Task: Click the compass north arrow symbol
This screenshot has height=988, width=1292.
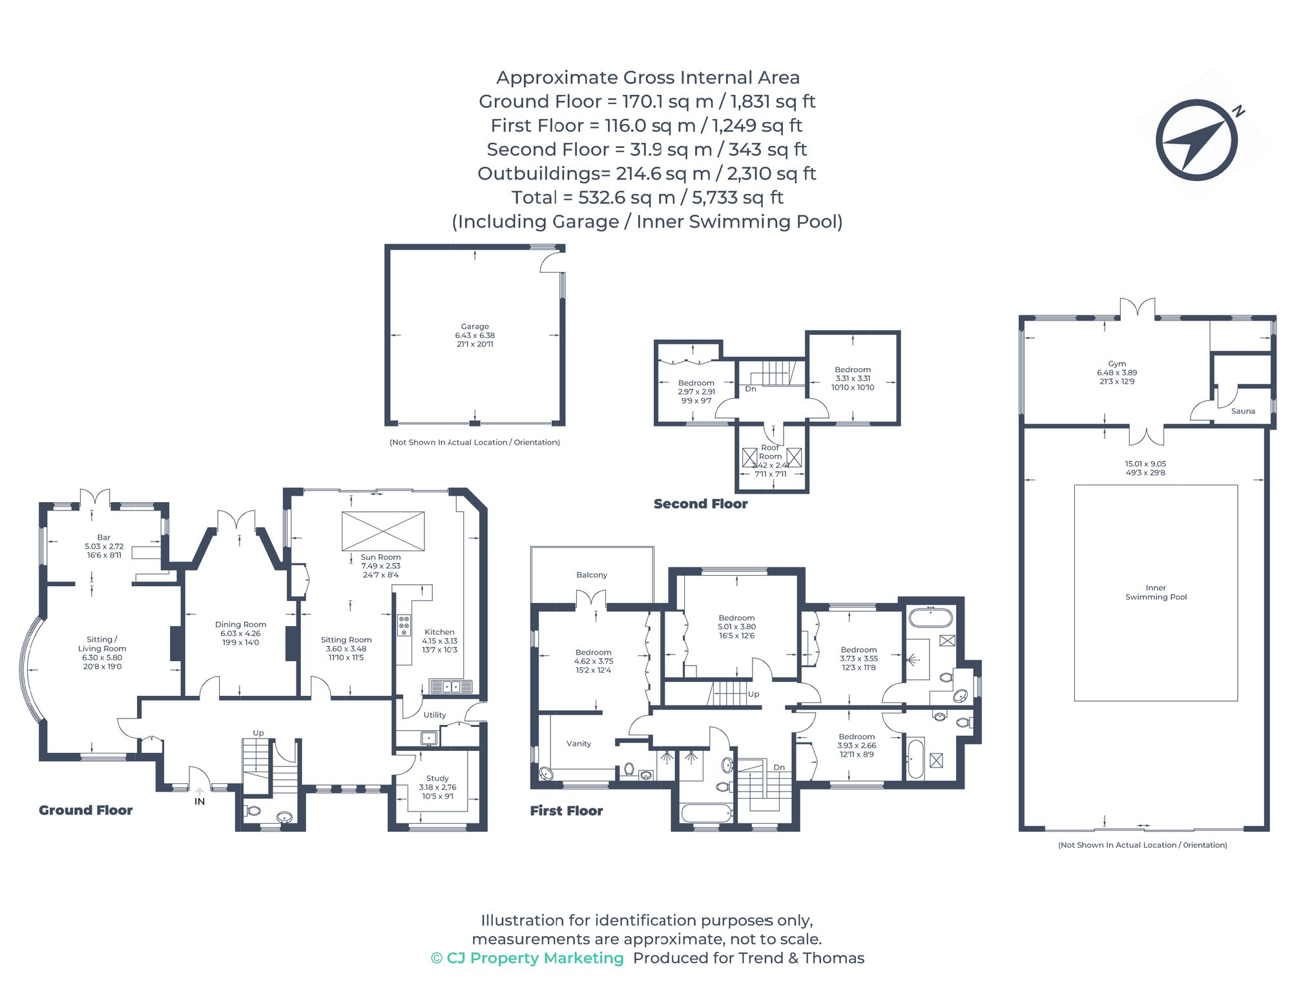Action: coord(1196,140)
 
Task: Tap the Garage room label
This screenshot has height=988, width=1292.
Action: coord(475,326)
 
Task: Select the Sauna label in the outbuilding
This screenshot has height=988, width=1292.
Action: coord(1243,411)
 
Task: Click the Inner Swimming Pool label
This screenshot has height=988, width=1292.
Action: coord(1156,593)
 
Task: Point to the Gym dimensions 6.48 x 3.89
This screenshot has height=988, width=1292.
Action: coord(1117,373)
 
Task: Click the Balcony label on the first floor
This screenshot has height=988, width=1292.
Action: coord(592,574)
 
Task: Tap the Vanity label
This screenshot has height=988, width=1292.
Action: coord(579,744)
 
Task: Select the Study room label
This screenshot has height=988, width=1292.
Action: coord(437,779)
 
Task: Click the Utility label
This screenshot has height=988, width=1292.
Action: coord(435,715)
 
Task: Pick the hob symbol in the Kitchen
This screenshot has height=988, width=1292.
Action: coord(404,625)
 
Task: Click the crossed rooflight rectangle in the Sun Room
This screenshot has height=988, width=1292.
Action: coord(383,531)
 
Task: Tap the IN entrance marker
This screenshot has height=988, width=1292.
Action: coord(200,801)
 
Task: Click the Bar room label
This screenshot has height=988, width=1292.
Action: coord(104,538)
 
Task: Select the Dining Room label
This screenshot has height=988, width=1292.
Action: coord(240,624)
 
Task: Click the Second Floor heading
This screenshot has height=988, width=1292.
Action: coord(700,504)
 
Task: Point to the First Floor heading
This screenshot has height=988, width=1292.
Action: coord(567,811)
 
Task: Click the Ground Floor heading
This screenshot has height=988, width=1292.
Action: coord(86,810)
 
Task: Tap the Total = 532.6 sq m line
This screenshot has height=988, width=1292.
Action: coord(647,197)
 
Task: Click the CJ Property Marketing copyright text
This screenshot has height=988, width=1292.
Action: coord(527,958)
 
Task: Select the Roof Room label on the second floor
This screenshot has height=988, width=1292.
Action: coord(770,452)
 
